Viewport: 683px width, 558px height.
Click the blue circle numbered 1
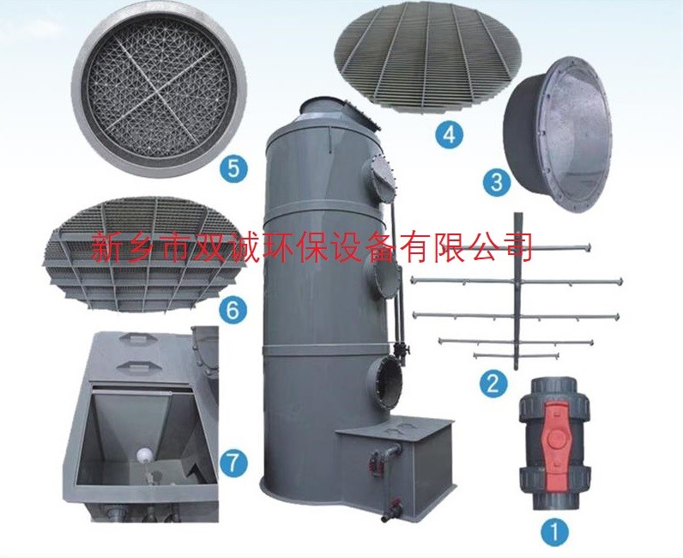555,531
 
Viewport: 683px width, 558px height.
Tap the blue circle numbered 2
493,384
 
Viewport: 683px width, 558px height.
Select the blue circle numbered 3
497,182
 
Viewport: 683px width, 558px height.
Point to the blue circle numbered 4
449,133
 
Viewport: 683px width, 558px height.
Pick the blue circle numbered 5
233,168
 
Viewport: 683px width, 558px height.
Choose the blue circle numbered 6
233,310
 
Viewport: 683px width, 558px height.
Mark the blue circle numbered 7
234,463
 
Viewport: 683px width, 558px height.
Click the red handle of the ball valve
554,440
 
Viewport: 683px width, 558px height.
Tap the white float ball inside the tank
144,456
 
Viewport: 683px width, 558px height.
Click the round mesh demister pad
159,89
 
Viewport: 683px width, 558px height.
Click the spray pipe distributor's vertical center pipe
517,291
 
